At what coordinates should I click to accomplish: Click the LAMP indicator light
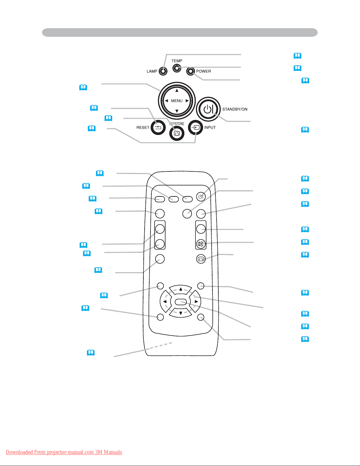(x=163, y=71)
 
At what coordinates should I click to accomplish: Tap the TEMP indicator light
(x=176, y=68)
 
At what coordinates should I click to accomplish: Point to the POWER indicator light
(x=191, y=71)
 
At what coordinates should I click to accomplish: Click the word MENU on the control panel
(x=177, y=101)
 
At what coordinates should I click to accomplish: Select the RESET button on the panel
(x=158, y=128)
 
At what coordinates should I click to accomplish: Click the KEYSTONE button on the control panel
(x=177, y=133)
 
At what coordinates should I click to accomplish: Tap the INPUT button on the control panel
(x=196, y=128)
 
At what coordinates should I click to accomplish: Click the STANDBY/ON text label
(x=235, y=109)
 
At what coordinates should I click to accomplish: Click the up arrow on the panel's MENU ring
(x=177, y=91)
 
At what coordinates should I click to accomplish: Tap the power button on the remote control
(x=201, y=196)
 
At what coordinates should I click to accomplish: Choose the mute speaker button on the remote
(x=201, y=244)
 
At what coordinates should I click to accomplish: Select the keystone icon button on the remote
(x=201, y=259)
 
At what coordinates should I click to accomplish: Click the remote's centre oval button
(x=180, y=302)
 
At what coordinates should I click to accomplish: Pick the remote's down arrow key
(x=180, y=313)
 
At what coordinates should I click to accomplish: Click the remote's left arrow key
(x=165, y=302)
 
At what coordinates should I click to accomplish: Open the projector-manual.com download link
(x=64, y=452)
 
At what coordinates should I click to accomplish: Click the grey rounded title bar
(x=180, y=32)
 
